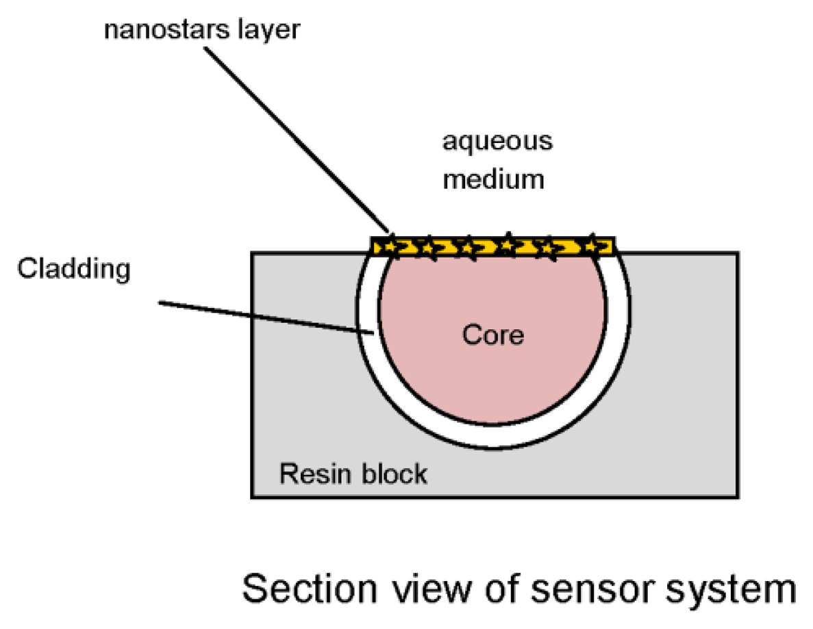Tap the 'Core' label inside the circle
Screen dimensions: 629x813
(493, 335)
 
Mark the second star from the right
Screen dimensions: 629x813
(548, 247)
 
